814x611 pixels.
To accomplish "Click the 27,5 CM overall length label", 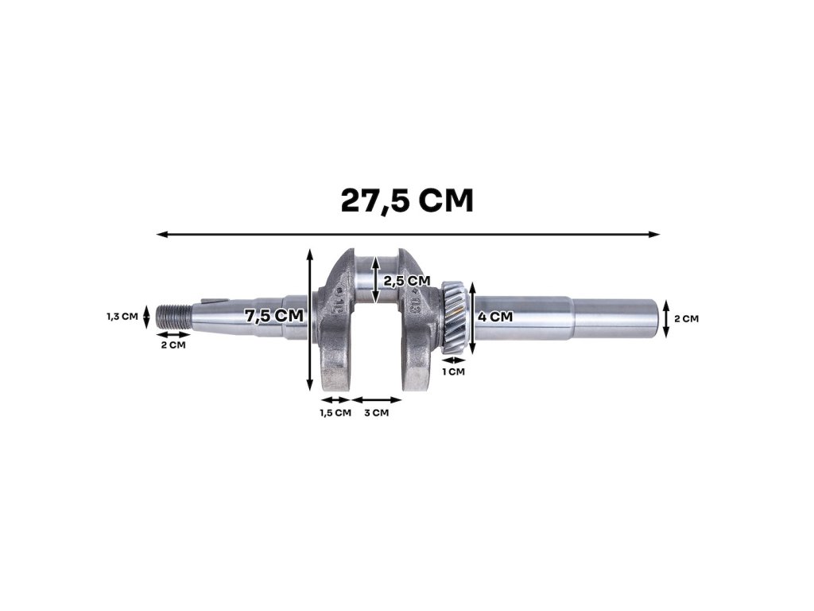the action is pyautogui.click(x=407, y=200).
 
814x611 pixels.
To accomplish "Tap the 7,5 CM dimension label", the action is pyautogui.click(x=274, y=315).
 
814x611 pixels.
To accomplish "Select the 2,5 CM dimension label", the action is pyautogui.click(x=407, y=281).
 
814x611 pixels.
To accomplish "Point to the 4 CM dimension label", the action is pyautogui.click(x=495, y=317).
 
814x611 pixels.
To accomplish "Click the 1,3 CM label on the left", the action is pyautogui.click(x=122, y=316).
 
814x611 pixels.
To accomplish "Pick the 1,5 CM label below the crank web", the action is pyautogui.click(x=335, y=413).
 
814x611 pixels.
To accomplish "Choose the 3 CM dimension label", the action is pyautogui.click(x=376, y=413).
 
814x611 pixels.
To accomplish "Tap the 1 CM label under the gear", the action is pyautogui.click(x=453, y=372).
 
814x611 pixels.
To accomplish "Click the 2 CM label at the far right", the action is pyautogui.click(x=686, y=318).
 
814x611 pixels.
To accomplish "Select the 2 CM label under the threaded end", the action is pyautogui.click(x=172, y=345).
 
